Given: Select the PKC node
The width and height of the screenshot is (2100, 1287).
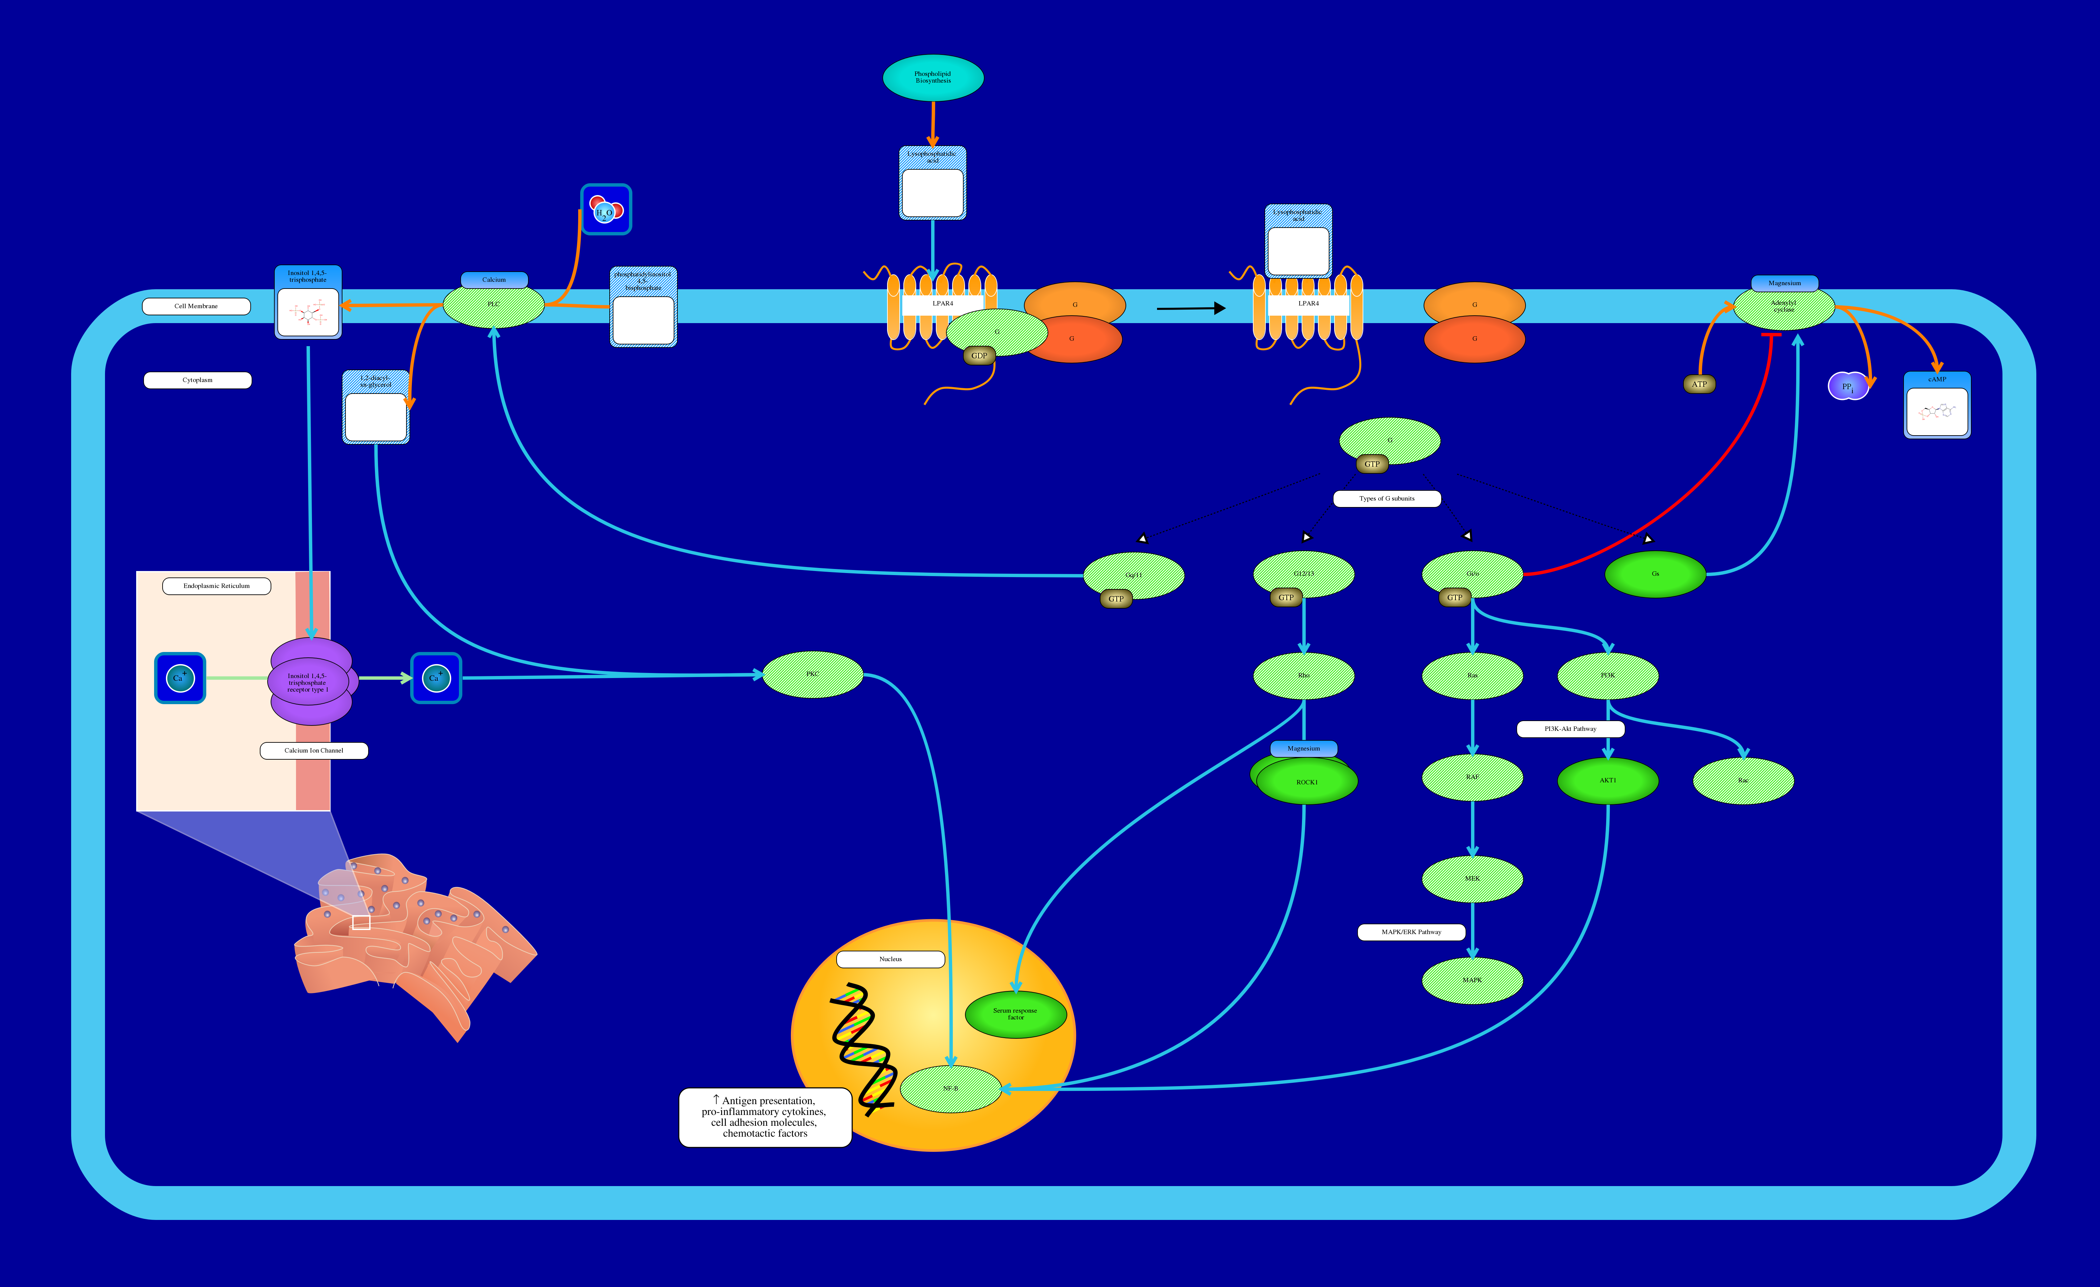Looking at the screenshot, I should pyautogui.click(x=812, y=674).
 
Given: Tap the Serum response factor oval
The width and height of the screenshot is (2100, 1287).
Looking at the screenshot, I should pyautogui.click(x=1015, y=1014).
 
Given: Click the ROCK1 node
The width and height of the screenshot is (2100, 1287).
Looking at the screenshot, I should pyautogui.click(x=1306, y=782).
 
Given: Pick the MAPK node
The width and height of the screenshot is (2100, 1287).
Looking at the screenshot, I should pyautogui.click(x=1472, y=980).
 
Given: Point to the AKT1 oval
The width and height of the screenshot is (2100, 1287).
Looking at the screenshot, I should pyautogui.click(x=1608, y=780).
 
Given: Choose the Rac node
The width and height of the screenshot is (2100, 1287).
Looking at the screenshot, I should pyautogui.click(x=1743, y=780).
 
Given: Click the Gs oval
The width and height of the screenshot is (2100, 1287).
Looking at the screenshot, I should pyautogui.click(x=1655, y=574).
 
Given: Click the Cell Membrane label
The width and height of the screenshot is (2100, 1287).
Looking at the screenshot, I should pyautogui.click(x=196, y=306).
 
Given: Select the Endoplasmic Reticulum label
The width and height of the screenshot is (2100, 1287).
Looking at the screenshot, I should pyautogui.click(x=216, y=586).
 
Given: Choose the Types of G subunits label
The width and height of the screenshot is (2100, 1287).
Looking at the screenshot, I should pyautogui.click(x=1387, y=499).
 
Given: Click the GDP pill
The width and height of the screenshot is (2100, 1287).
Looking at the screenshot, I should pyautogui.click(x=979, y=355).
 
